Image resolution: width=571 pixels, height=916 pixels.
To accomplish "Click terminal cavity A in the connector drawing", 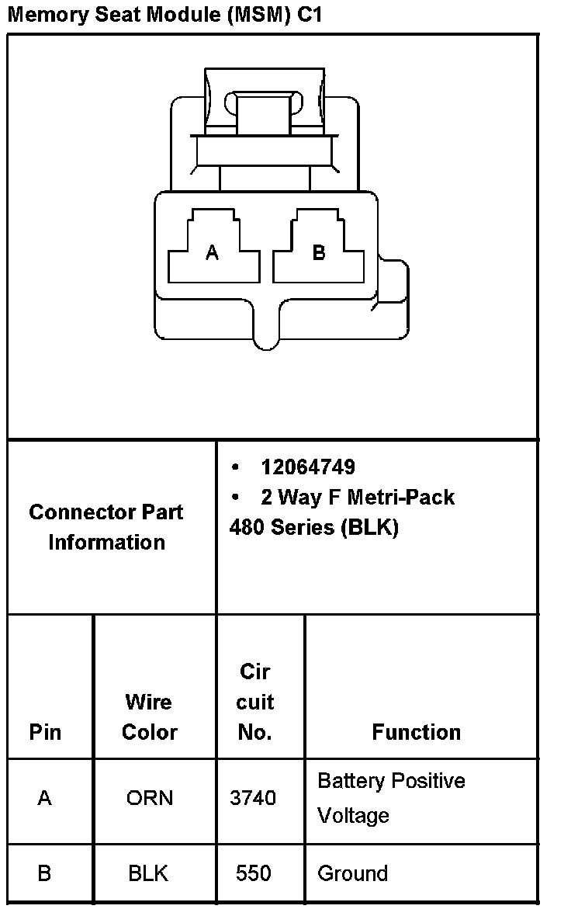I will tap(212, 253).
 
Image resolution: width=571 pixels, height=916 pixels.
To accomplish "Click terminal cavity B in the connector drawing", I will tap(318, 253).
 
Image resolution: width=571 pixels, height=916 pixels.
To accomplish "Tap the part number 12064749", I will tap(308, 467).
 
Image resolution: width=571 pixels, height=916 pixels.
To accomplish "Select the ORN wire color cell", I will tap(150, 798).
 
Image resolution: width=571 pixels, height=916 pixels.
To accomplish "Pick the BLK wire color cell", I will tap(148, 873).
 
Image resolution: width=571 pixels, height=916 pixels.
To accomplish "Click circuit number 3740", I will tap(253, 798).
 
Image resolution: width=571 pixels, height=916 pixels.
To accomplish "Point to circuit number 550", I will tap(254, 873).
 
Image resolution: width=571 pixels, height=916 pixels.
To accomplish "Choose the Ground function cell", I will tap(352, 873).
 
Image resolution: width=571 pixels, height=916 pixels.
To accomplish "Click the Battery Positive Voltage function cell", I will tap(391, 798).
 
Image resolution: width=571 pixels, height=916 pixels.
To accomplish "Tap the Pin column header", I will tap(45, 732).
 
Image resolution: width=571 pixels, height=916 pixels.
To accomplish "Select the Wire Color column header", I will tap(150, 716).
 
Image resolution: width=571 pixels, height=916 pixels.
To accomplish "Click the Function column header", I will tap(416, 732).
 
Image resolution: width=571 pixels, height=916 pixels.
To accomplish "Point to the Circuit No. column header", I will tap(254, 702).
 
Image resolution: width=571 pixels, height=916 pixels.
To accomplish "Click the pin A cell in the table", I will tap(45, 798).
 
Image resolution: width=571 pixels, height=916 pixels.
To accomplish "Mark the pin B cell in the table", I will tap(45, 873).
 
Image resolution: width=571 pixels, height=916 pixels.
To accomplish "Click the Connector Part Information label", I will tap(106, 527).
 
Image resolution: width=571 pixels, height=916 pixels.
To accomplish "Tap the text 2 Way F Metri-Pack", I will tap(358, 497).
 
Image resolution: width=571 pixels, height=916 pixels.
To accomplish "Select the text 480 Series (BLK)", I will tap(313, 528).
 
